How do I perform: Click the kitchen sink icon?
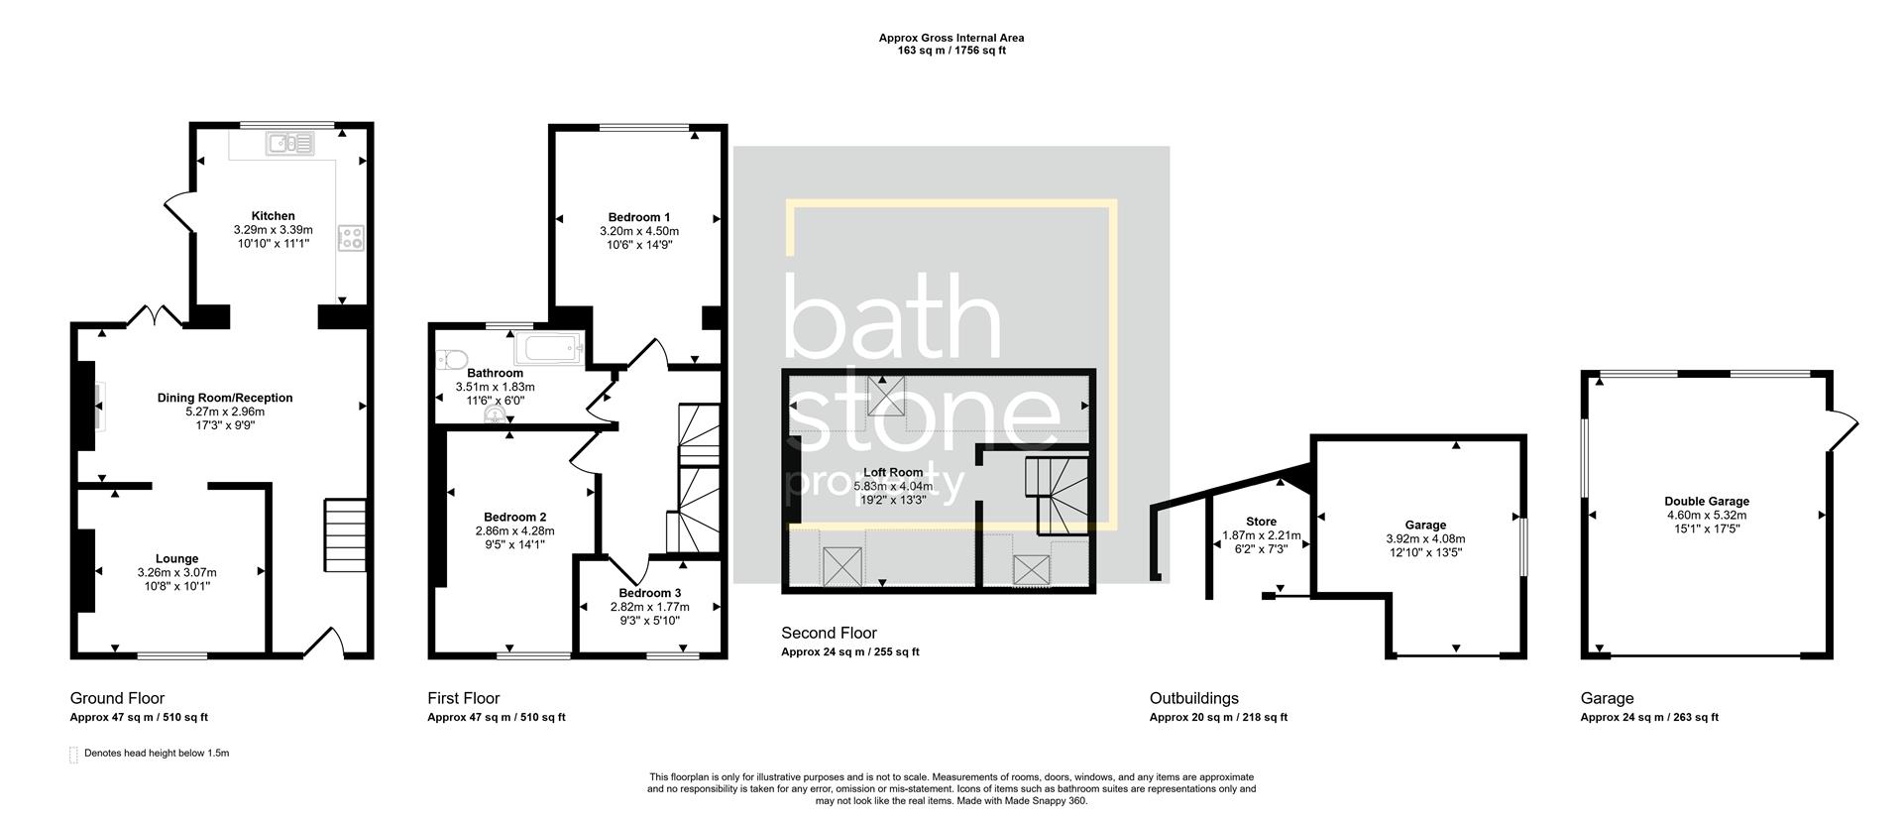[288, 145]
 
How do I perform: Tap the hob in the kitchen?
[352, 237]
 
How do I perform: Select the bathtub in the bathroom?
[549, 349]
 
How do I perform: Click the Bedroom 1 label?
[639, 217]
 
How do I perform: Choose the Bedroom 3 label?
[650, 593]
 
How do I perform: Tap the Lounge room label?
[176, 558]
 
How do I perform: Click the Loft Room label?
[893, 472]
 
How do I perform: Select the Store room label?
[1261, 522]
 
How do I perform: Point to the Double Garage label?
[1706, 502]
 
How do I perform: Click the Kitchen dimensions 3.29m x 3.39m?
[273, 229]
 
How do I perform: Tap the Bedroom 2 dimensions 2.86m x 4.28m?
[514, 530]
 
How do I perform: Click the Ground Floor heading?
[117, 698]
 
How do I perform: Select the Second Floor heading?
[829, 633]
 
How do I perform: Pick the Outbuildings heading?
[1193, 698]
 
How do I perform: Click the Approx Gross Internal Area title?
[951, 38]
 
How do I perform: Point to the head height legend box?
[73, 755]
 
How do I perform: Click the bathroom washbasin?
[493, 417]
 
